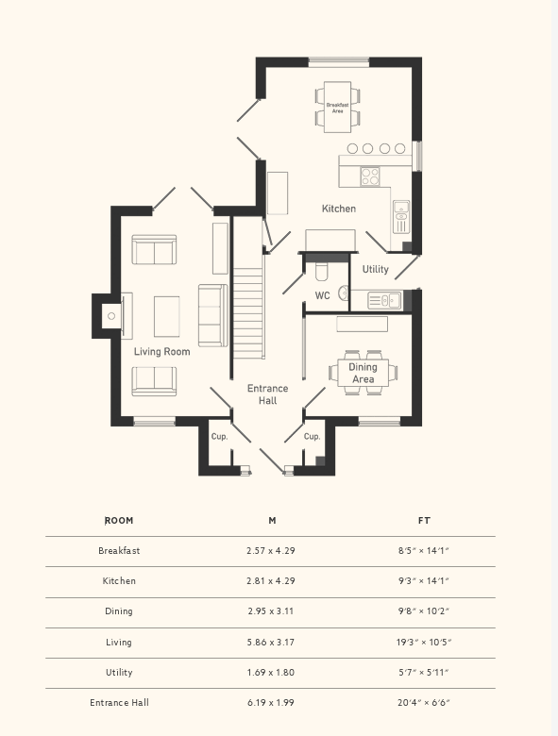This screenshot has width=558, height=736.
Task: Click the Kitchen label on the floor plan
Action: click(x=338, y=209)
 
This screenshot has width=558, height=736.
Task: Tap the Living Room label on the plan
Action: click(x=161, y=352)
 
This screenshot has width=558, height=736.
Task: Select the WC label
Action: click(x=322, y=296)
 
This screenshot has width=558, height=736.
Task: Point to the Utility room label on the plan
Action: click(x=375, y=270)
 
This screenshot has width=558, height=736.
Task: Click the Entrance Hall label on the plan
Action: click(x=267, y=394)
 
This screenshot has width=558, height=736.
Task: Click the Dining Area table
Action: click(x=363, y=373)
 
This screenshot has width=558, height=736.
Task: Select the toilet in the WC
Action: click(x=320, y=273)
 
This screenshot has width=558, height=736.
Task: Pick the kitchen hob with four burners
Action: click(x=369, y=176)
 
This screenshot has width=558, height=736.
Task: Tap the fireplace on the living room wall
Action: click(x=111, y=316)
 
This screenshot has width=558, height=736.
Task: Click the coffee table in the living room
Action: click(x=167, y=316)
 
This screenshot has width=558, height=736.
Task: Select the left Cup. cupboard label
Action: click(x=219, y=437)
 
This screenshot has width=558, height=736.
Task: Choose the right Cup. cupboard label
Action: click(x=312, y=437)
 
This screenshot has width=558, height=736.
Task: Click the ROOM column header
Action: click(x=119, y=521)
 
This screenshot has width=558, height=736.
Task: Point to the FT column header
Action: click(x=424, y=521)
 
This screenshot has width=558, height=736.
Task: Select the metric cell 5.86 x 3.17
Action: click(x=271, y=643)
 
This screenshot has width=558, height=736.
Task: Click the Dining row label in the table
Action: click(x=119, y=611)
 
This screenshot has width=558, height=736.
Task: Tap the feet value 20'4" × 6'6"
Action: click(x=424, y=703)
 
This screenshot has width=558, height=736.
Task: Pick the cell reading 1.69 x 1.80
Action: click(x=271, y=673)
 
